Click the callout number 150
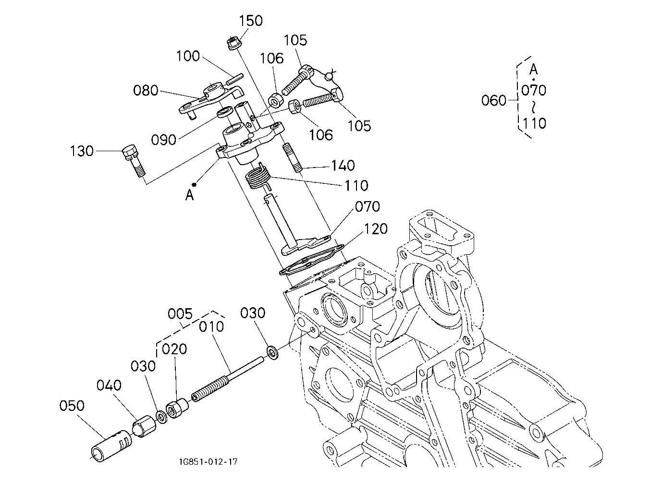(251, 21)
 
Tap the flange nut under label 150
(235, 43)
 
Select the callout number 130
(82, 151)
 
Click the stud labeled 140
(293, 157)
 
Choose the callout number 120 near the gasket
(376, 229)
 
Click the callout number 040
(109, 385)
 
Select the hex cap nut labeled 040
(144, 426)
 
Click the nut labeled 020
(177, 408)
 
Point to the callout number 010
(211, 327)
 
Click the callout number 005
(180, 313)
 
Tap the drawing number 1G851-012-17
(208, 461)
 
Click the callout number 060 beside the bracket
(494, 101)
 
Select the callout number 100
(188, 56)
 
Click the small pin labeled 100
(234, 79)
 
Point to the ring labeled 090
(225, 112)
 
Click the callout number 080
(146, 91)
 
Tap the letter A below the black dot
(190, 195)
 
